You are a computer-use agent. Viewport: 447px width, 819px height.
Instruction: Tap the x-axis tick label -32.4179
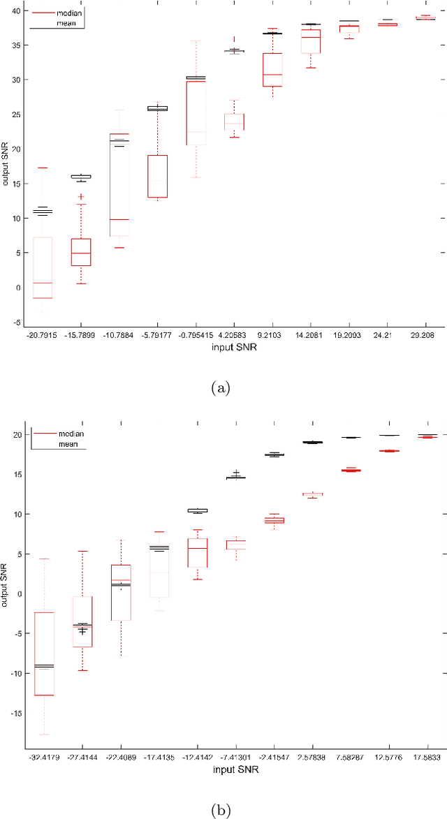(44, 757)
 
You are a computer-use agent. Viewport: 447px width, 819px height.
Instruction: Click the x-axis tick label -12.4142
(197, 757)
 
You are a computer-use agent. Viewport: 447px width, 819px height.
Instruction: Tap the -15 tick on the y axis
(16, 713)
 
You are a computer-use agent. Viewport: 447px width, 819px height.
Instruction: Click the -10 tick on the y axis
(16, 673)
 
